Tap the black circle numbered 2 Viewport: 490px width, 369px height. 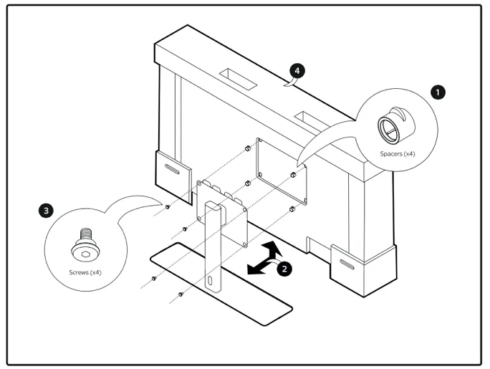point(284,269)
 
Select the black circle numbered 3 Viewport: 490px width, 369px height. point(47,211)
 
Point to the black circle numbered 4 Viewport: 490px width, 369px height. point(297,71)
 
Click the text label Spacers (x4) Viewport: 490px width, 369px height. point(397,154)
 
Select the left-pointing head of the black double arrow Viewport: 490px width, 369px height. point(251,271)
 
